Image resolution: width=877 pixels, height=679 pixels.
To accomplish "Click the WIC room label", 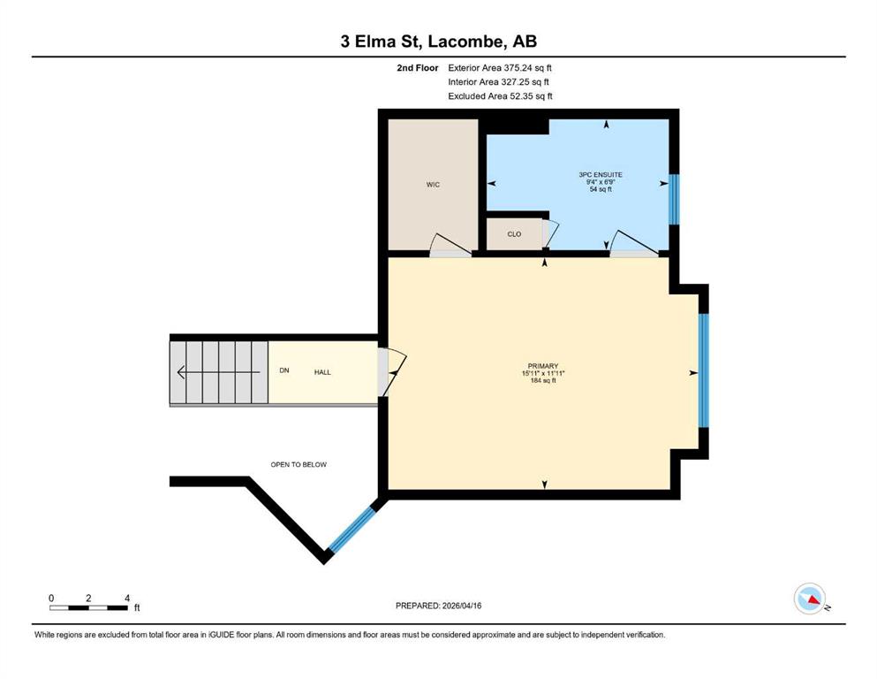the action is click(x=433, y=185).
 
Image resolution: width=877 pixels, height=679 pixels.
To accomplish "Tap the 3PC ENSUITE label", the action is click(x=601, y=175).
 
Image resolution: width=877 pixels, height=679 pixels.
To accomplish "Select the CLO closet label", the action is click(x=514, y=234).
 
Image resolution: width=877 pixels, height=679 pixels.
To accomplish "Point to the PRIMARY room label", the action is click(x=543, y=366).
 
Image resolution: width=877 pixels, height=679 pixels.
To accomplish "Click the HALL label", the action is click(x=322, y=372).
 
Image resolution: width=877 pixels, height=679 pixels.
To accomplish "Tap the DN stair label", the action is click(x=284, y=370).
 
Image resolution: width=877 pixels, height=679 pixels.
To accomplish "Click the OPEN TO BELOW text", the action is click(x=299, y=465).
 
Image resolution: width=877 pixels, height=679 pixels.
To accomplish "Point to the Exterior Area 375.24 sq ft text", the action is click(x=500, y=68).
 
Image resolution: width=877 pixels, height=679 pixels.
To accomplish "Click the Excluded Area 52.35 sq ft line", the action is click(x=500, y=96).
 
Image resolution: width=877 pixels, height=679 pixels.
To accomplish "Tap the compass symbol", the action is click(x=810, y=599).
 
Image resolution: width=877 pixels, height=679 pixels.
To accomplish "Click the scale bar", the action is click(x=88, y=608).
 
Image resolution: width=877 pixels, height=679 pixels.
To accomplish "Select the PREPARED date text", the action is click(x=438, y=606).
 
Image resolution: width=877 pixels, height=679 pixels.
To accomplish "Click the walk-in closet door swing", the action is click(x=450, y=245).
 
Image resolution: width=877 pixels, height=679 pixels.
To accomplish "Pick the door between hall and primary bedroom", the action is click(x=391, y=372).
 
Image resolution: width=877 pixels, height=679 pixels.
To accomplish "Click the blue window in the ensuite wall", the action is click(x=674, y=199).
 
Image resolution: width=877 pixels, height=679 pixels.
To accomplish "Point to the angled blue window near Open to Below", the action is click(x=352, y=530).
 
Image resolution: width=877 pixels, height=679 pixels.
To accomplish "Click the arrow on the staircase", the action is click(x=218, y=372).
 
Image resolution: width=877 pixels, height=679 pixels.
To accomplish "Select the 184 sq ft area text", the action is click(x=543, y=381).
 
